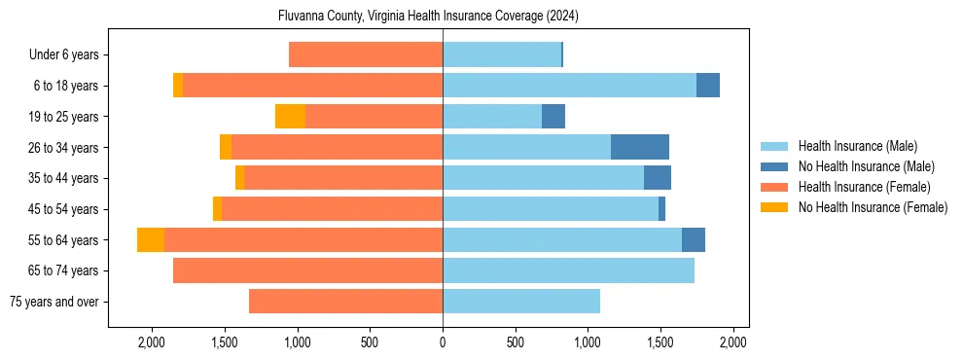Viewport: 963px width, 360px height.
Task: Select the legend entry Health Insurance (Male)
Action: tap(857, 146)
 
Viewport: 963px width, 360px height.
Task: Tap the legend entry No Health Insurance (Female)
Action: tap(873, 207)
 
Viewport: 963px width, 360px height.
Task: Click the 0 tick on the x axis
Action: tap(443, 342)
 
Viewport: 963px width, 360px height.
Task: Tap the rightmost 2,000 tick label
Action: tap(732, 342)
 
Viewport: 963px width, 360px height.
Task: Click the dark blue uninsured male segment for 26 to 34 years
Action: tap(640, 147)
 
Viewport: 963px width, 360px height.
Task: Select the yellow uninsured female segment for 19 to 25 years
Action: tap(290, 117)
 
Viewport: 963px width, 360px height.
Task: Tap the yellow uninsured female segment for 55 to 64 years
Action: tap(151, 240)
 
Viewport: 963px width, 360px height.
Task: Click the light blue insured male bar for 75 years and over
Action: tap(521, 302)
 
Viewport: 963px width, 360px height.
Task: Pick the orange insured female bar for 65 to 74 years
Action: tap(307, 270)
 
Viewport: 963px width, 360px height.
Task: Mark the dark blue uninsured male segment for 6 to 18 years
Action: tap(708, 86)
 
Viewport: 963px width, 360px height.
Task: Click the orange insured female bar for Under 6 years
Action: tap(366, 55)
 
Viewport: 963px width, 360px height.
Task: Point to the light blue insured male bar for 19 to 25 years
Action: tap(492, 117)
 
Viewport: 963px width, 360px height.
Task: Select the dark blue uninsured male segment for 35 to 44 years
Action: tap(658, 178)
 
